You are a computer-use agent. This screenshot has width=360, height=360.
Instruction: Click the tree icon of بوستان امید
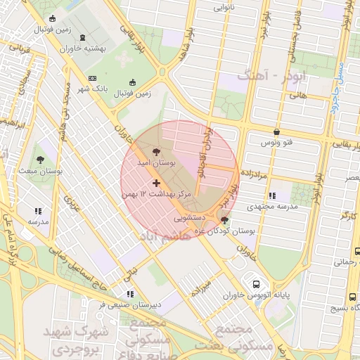coord(155,151)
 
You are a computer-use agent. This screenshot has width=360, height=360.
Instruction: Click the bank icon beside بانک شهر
coord(93,78)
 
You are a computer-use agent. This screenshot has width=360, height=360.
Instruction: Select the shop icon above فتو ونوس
coord(276,131)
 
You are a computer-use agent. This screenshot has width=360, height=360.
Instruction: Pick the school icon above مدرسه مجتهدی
coord(271,195)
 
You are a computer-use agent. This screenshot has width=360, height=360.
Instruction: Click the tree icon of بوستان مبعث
coord(40,160)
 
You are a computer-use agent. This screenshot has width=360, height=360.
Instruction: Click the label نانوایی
coord(221,9)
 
